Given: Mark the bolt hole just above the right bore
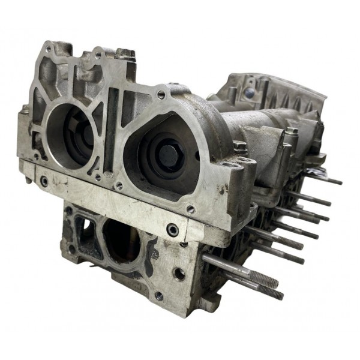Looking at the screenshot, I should pos(161,94).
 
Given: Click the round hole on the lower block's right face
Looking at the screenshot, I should pos(180,274).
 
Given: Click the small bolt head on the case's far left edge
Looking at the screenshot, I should pos(26,110).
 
